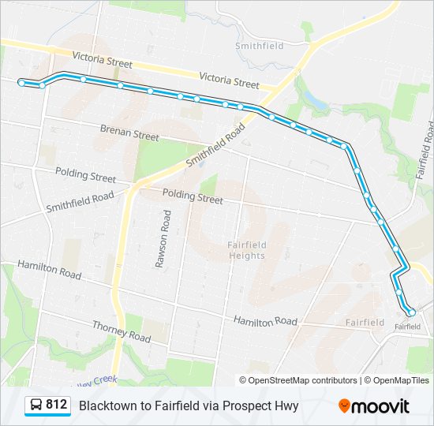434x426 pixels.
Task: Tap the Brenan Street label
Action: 129,132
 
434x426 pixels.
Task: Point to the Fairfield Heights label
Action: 246,249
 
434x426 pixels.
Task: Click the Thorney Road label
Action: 121,331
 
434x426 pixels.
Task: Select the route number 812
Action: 56,405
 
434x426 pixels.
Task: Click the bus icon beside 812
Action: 36,405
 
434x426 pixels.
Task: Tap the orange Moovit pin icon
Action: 344,405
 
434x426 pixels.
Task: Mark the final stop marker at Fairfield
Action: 411,312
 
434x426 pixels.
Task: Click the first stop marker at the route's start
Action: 21,81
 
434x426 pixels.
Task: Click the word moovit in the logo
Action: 381,405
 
